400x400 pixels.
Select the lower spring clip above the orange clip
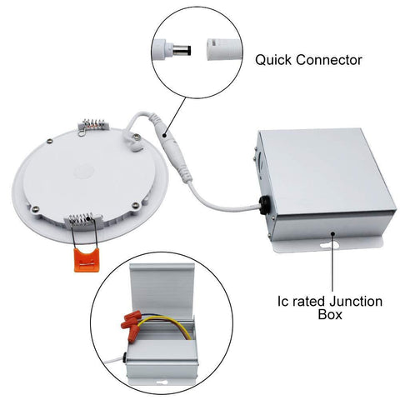[84, 222]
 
